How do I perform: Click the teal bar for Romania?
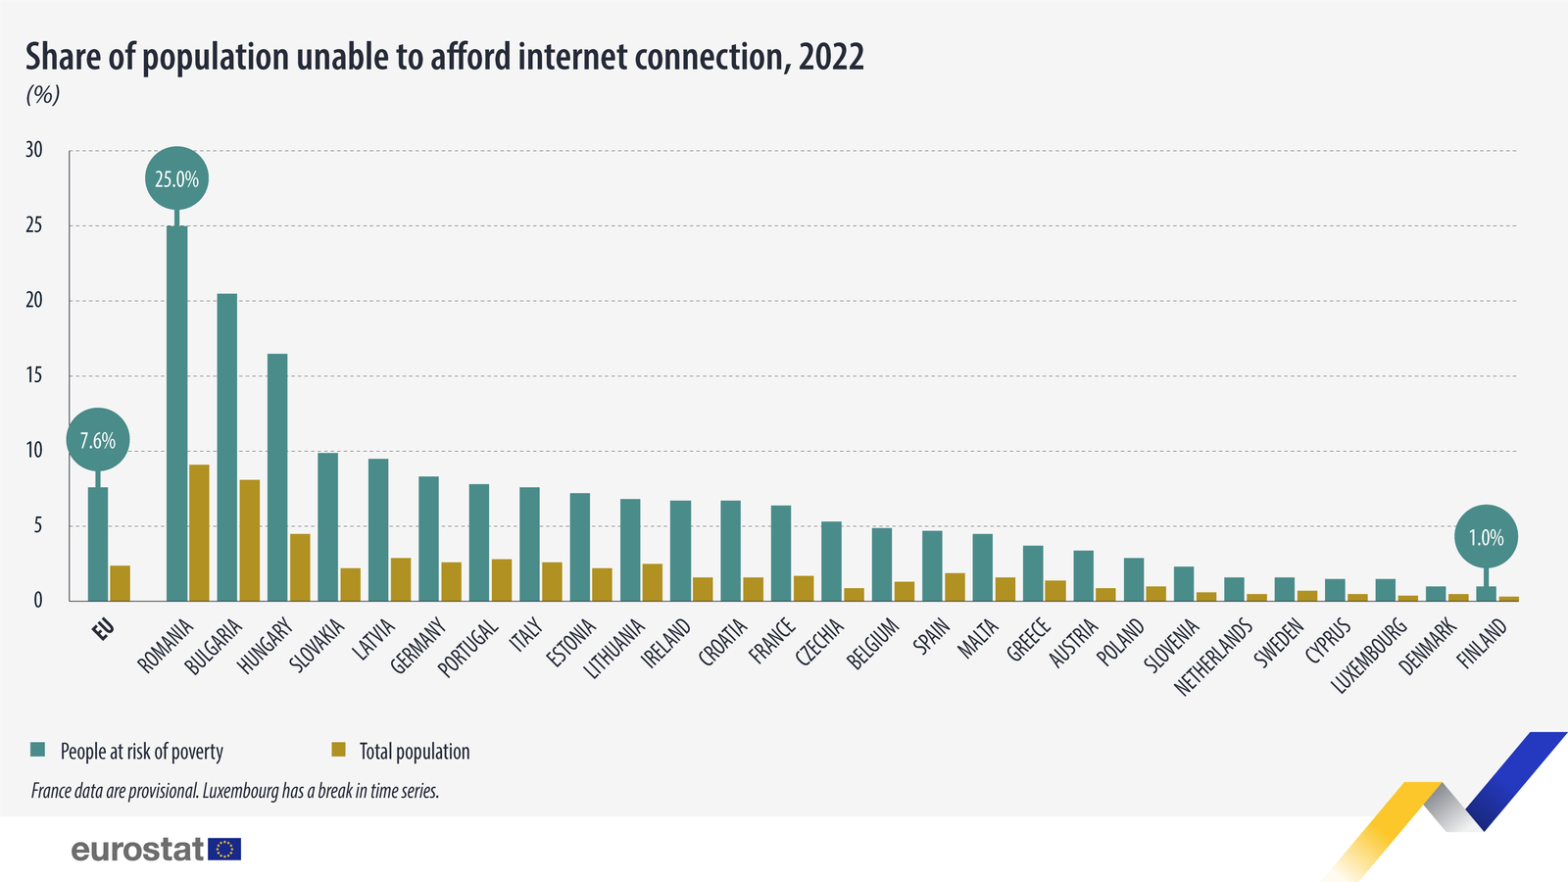click(x=176, y=412)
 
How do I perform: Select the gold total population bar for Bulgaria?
click(x=249, y=540)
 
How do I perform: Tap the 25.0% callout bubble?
click(x=176, y=178)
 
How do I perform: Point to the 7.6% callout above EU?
click(x=97, y=440)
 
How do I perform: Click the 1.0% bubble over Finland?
click(x=1486, y=537)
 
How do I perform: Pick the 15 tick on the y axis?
click(x=34, y=375)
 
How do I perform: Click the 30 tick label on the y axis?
click(x=34, y=150)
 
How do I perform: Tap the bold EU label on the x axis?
click(x=103, y=629)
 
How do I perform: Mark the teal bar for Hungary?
click(x=277, y=477)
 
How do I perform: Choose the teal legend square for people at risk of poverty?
click(x=38, y=750)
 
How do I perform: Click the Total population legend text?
click(x=415, y=752)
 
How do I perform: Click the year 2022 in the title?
click(x=831, y=57)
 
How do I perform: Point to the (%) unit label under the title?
click(x=43, y=95)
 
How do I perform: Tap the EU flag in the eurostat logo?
click(x=225, y=849)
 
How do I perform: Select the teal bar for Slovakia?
click(x=327, y=526)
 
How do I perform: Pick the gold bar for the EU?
click(x=120, y=583)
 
